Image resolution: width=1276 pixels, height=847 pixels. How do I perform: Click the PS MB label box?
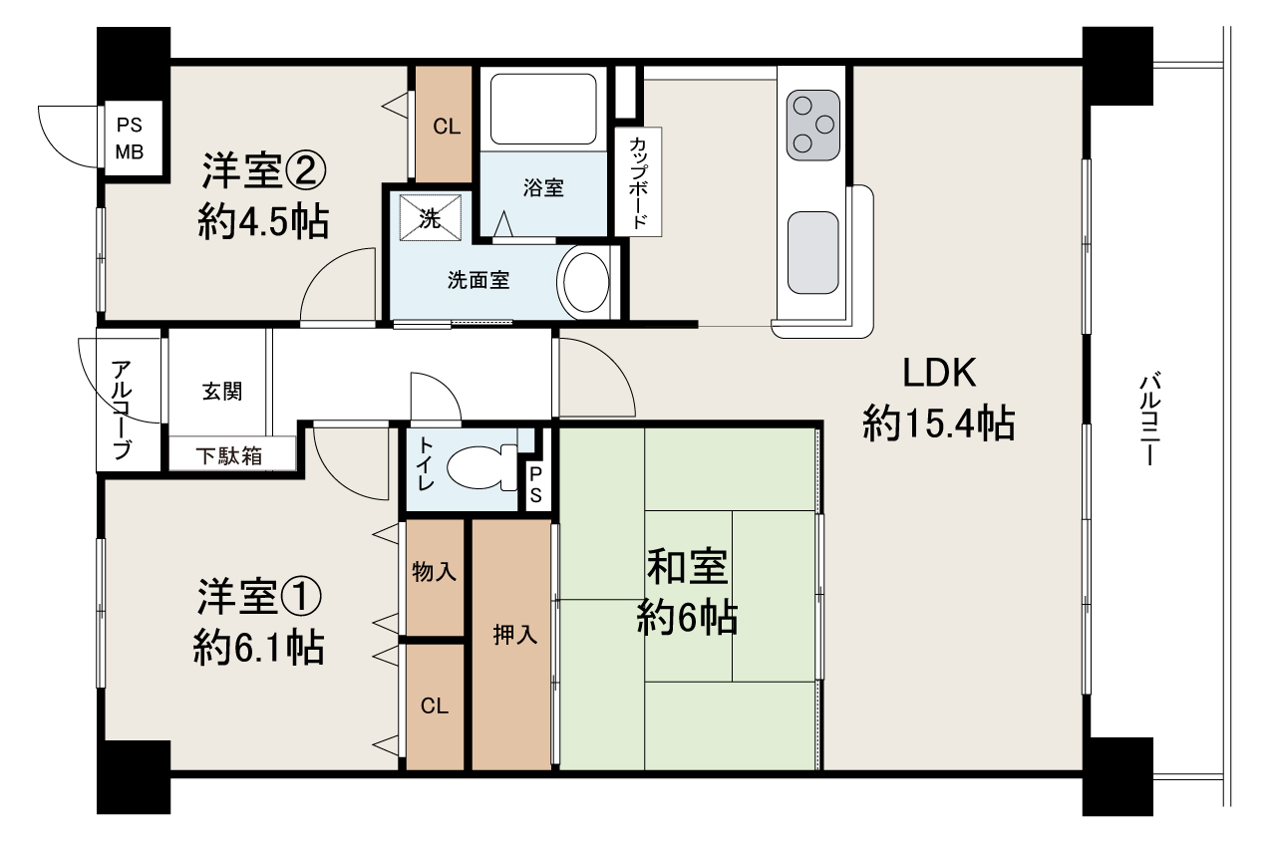(130, 139)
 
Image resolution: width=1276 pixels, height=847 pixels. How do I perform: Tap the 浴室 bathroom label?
(543, 187)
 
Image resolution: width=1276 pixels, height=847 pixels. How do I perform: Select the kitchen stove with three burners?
(812, 125)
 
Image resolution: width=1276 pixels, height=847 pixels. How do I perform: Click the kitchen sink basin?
(812, 253)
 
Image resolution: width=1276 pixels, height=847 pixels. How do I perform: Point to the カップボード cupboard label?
(638, 182)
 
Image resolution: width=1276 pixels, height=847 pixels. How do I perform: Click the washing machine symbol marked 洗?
(430, 218)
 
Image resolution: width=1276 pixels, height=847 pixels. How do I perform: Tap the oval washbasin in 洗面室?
(586, 282)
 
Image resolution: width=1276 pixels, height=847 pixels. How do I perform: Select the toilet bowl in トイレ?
(481, 467)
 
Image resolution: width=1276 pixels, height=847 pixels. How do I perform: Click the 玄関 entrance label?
(222, 391)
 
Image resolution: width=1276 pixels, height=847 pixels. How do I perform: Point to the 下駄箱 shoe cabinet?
(232, 453)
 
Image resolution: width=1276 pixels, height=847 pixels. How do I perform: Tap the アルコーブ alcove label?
(123, 410)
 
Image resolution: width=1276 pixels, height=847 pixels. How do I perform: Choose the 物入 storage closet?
(434, 578)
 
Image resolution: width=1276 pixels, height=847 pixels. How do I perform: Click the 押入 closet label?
(515, 634)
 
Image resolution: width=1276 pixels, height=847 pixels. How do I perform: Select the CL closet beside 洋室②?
(444, 125)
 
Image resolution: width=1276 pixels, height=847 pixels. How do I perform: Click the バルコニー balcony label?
(1149, 419)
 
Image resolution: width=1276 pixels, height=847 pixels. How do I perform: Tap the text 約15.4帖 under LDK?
(939, 423)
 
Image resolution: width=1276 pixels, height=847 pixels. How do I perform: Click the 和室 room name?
(687, 567)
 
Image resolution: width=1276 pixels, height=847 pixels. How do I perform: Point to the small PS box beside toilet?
(536, 485)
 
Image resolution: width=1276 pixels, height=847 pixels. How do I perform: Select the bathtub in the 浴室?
(543, 109)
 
